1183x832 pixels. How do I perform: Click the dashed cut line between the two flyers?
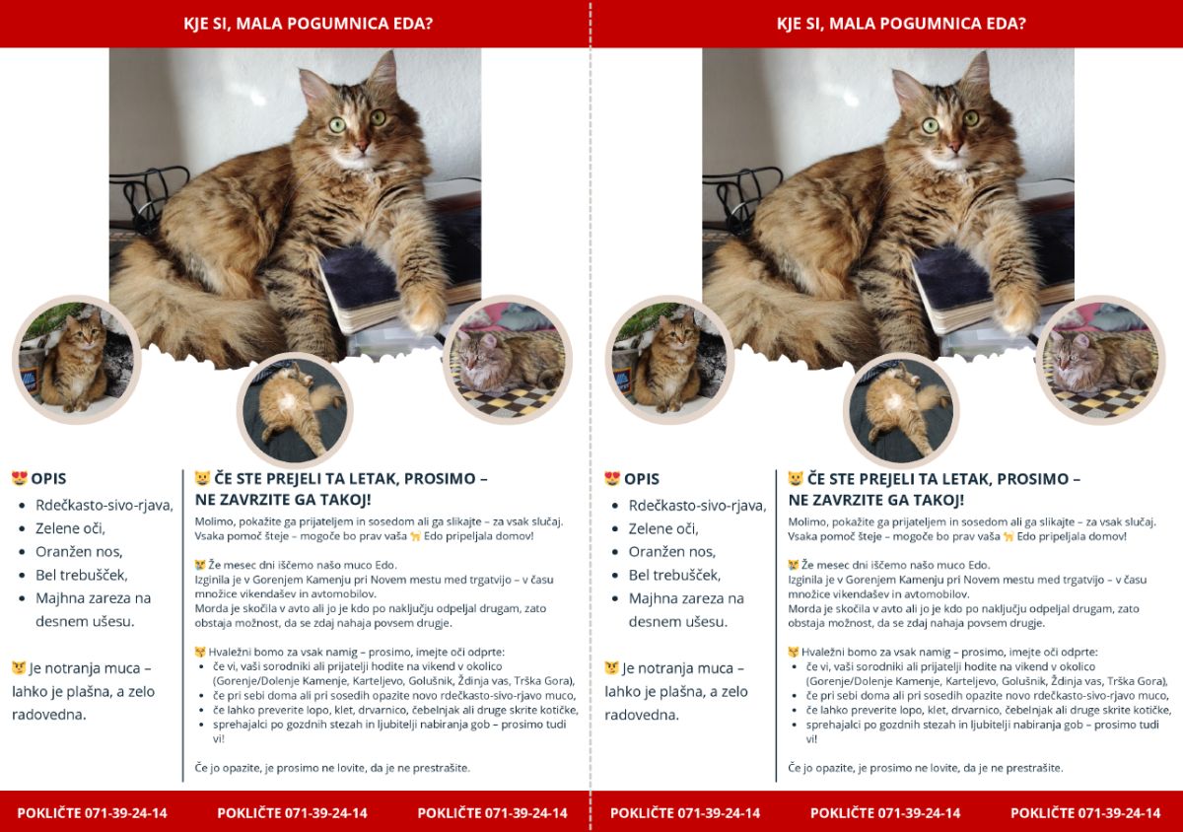(x=591, y=416)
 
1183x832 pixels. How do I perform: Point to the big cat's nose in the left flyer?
(x=362, y=144)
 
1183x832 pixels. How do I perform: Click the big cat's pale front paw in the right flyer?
(x=1017, y=311)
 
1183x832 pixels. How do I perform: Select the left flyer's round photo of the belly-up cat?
(x=295, y=410)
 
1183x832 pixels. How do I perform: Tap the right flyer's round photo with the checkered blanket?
(x=1100, y=360)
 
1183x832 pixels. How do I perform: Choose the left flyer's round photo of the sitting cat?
(x=77, y=360)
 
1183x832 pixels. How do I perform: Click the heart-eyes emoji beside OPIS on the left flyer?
(x=20, y=478)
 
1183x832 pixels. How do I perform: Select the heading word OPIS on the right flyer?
(x=642, y=479)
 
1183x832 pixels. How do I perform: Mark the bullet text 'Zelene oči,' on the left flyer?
(x=70, y=528)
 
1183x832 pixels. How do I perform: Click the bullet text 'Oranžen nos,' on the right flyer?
(x=671, y=551)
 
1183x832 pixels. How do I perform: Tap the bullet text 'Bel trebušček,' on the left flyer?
(x=81, y=575)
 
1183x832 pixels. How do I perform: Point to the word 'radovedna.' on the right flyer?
(x=642, y=715)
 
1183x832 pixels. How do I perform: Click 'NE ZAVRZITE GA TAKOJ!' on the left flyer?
(x=283, y=499)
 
